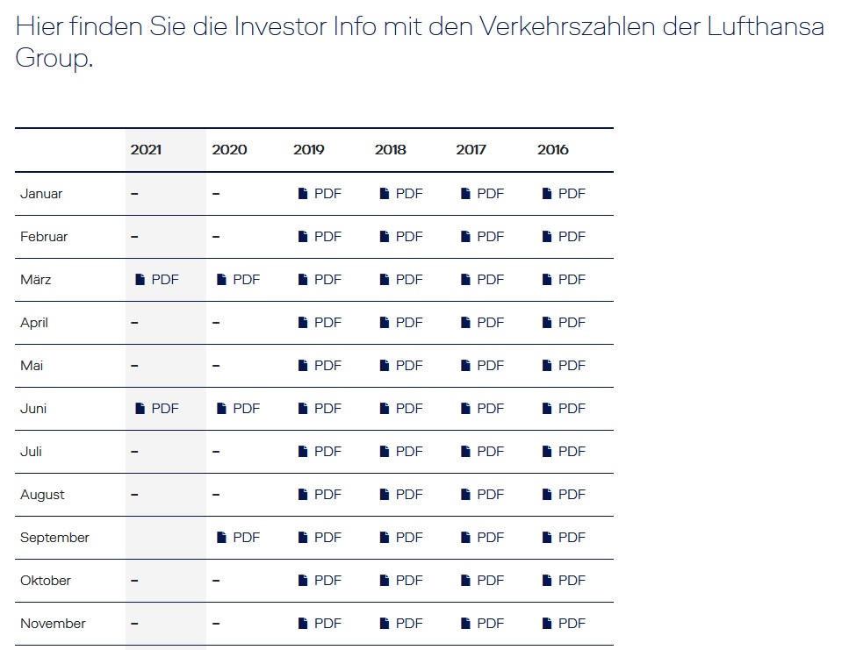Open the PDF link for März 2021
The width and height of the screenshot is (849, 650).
click(x=157, y=280)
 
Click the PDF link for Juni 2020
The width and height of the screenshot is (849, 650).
click(x=239, y=409)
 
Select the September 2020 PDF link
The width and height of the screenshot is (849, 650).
click(x=239, y=538)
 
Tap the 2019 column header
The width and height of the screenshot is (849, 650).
click(x=309, y=150)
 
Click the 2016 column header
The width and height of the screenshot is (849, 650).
click(x=553, y=150)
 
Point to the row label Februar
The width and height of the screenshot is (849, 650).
click(x=44, y=237)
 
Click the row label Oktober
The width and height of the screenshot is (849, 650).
click(x=46, y=581)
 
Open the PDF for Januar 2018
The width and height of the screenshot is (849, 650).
click(x=401, y=194)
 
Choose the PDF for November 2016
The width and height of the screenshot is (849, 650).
click(x=565, y=624)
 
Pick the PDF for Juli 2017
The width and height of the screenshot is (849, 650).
click(x=483, y=452)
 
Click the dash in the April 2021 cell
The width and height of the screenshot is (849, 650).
click(x=134, y=323)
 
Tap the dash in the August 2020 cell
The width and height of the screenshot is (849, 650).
click(x=216, y=495)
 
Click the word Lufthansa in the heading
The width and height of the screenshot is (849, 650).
click(x=765, y=26)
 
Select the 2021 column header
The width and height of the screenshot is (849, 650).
click(x=146, y=150)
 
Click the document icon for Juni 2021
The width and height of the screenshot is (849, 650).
click(x=140, y=409)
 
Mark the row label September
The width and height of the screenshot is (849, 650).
click(x=54, y=538)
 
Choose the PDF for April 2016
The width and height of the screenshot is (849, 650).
click(x=565, y=323)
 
